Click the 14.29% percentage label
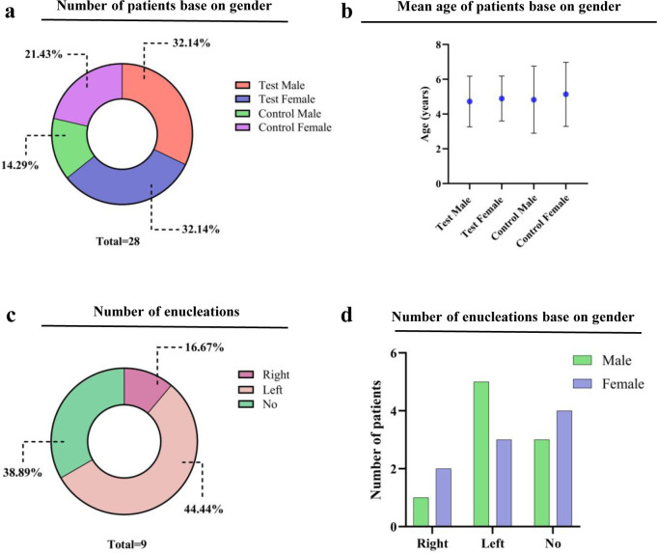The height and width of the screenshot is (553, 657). point(24,165)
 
